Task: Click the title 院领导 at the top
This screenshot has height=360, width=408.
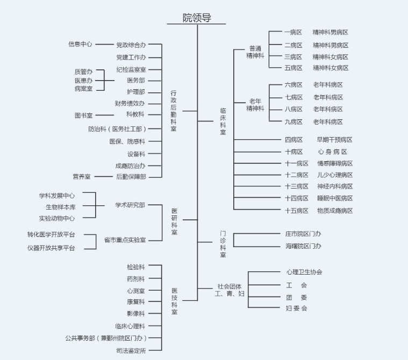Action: [197, 18]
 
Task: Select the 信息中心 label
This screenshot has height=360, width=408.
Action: [80, 44]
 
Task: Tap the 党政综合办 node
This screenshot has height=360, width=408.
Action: [131, 45]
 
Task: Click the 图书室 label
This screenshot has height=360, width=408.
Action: [83, 115]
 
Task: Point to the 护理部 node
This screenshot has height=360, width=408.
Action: [135, 92]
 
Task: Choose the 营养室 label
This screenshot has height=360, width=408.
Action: [82, 176]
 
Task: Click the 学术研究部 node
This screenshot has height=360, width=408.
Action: [130, 205]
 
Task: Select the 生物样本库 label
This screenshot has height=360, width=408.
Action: [60, 207]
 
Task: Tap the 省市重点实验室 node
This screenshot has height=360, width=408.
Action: [125, 240]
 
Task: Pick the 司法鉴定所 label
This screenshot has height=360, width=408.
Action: [131, 350]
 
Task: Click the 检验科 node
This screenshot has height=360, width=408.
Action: [135, 267]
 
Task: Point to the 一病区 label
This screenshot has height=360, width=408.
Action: [294, 32]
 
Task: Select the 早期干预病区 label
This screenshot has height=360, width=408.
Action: [334, 140]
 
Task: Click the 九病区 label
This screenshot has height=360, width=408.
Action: [294, 122]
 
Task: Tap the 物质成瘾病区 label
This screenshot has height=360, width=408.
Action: [335, 211]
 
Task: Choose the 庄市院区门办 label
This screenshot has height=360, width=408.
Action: [303, 234]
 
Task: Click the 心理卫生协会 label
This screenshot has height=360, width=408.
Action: [304, 272]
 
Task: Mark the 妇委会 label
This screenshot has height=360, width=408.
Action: [296, 308]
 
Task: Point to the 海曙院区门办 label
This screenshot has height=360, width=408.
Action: [303, 246]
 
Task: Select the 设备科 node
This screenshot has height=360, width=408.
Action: [135, 154]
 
